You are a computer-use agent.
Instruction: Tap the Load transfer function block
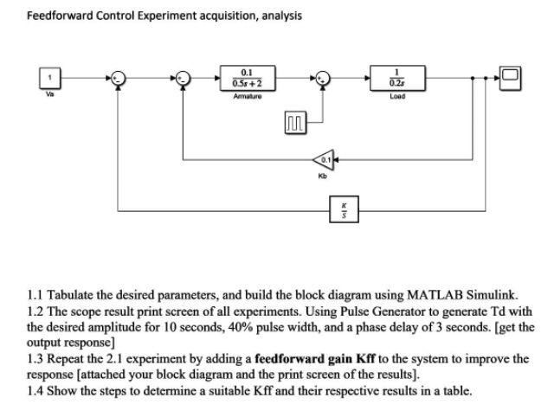[x=396, y=76]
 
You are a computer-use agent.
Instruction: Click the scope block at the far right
[x=511, y=77]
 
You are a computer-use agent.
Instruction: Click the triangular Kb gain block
[x=323, y=160]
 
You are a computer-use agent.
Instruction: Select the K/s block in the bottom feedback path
[x=342, y=209]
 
